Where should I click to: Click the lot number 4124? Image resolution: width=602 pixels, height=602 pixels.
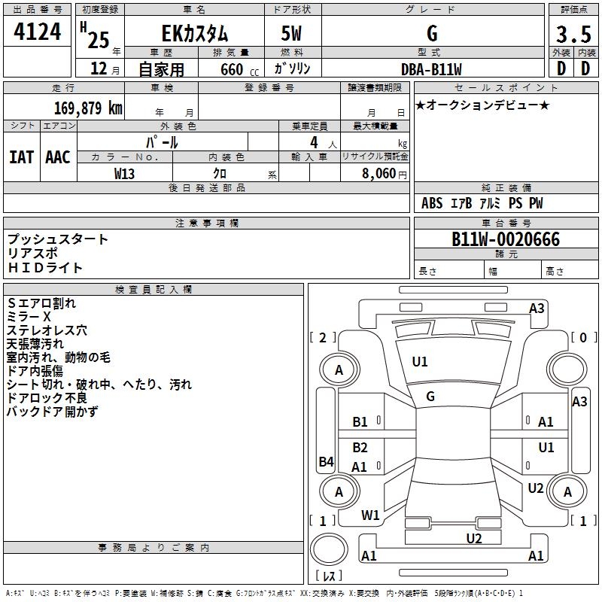pyautogui.click(x=38, y=33)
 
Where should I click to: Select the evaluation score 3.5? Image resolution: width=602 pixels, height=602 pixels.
pyautogui.click(x=572, y=35)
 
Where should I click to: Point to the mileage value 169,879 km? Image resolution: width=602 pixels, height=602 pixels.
pyautogui.click(x=88, y=108)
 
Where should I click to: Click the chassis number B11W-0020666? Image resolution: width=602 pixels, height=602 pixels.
pyautogui.click(x=506, y=239)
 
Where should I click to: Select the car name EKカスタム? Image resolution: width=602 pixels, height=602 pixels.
pyautogui.click(x=195, y=34)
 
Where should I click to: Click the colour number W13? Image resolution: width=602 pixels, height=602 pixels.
pyautogui.click(x=125, y=173)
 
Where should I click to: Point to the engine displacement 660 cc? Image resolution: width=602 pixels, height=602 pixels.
pyautogui.click(x=231, y=69)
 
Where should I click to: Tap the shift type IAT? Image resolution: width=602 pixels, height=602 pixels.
pyautogui.click(x=22, y=157)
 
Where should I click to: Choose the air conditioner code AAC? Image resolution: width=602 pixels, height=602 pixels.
pyautogui.click(x=58, y=157)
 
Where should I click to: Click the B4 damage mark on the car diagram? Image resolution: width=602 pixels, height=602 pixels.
pyautogui.click(x=326, y=461)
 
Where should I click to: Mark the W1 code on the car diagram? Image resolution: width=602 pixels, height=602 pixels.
pyautogui.click(x=370, y=515)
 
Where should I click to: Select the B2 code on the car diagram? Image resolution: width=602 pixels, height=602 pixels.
pyautogui.click(x=360, y=448)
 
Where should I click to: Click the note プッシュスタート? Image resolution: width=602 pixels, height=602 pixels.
pyautogui.click(x=58, y=239)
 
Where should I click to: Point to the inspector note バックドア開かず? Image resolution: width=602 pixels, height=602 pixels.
pyautogui.click(x=52, y=412)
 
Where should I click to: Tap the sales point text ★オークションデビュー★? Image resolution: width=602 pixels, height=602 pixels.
pyautogui.click(x=482, y=105)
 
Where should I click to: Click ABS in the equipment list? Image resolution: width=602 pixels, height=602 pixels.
pyautogui.click(x=432, y=203)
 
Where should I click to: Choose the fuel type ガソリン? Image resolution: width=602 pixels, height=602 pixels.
pyautogui.click(x=292, y=69)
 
